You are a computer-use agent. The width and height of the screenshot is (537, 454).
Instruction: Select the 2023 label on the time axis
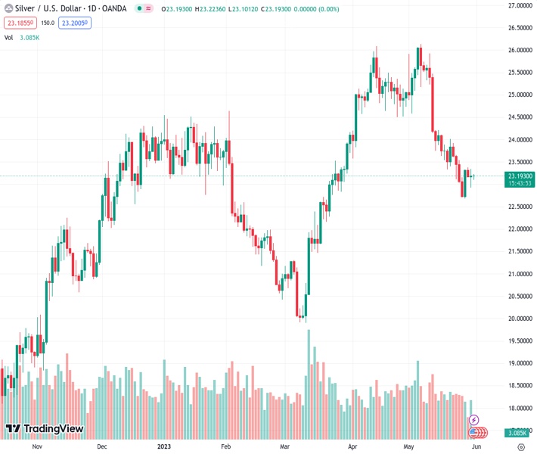(165, 446)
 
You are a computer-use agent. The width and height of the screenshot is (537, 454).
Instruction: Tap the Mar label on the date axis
(284, 446)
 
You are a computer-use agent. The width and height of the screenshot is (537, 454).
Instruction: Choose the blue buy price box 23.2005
(76, 23)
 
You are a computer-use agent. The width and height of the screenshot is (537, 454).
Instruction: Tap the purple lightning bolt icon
(474, 419)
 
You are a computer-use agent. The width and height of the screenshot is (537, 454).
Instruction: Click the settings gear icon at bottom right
(520, 446)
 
